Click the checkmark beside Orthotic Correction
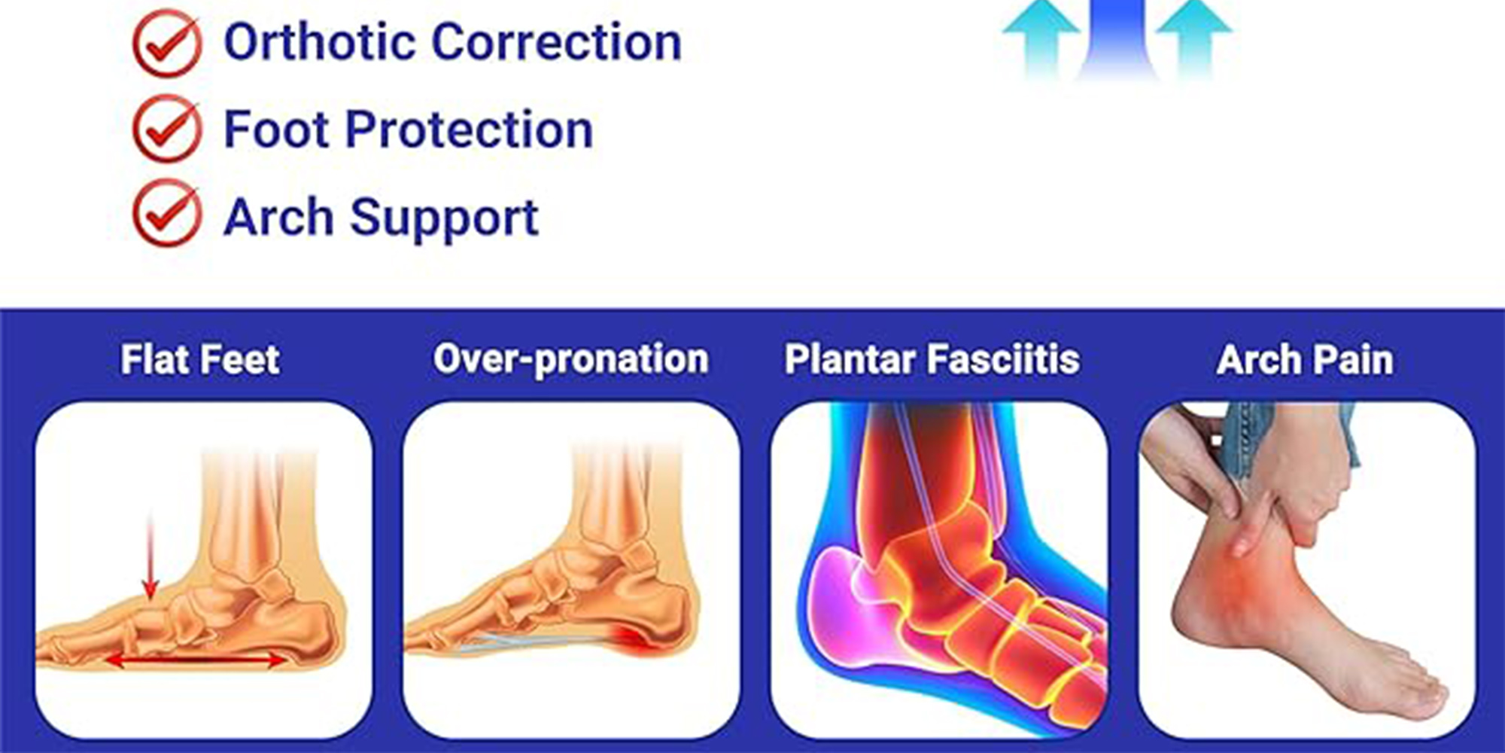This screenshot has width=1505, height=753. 167,44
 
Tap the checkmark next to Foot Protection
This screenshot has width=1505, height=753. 167,130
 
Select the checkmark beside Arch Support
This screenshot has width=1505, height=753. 167,214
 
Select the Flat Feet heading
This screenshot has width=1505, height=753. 200,359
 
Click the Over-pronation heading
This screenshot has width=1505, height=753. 571,359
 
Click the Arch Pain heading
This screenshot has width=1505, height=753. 1305,359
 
